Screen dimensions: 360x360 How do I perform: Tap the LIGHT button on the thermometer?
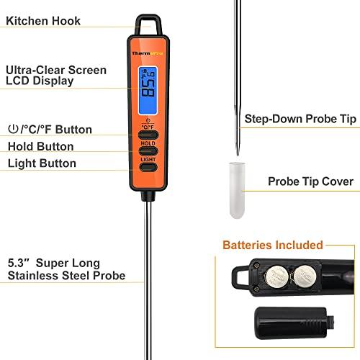coord(148,167)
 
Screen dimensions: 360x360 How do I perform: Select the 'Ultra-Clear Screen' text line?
coord(56,70)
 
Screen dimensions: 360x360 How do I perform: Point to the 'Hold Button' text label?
coord(41,146)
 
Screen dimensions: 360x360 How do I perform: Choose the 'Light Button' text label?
coord(42,163)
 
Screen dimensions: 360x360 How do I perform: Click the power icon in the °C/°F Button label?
coord(12,130)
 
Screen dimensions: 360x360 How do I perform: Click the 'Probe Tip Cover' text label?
coord(310,181)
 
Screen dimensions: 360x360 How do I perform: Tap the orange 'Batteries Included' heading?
coord(273,245)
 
